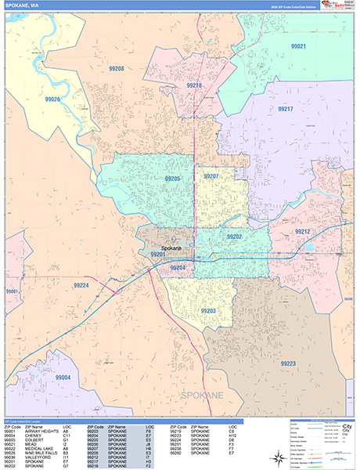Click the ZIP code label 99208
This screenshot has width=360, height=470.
116,69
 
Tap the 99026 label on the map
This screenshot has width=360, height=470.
53,99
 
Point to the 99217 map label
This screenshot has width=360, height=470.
285,109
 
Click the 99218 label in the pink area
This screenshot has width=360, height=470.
195,85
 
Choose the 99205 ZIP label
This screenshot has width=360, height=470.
172,179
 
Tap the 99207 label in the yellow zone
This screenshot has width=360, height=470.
211,177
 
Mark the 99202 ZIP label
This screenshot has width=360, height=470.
234,236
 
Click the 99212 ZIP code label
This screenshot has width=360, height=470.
302,232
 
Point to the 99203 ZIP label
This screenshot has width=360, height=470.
207,311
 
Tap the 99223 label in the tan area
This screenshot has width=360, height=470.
287,363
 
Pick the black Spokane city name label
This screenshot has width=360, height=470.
171,248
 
